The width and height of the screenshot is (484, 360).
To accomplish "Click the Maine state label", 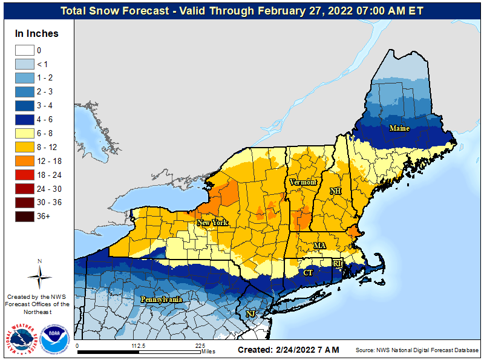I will (399, 128).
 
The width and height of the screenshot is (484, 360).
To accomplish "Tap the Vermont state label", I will (302, 182).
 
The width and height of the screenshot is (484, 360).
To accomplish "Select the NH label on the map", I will (335, 191).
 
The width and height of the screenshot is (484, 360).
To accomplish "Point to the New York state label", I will (212, 223).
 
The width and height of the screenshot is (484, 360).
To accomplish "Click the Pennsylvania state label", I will (162, 299).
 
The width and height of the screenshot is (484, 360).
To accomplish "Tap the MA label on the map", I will (319, 245).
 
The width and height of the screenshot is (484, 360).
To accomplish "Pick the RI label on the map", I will (338, 263).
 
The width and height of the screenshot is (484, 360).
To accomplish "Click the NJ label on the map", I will (250, 314).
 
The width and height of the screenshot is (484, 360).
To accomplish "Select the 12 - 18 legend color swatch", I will (24, 161).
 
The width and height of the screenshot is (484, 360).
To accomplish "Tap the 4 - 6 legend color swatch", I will (24, 119).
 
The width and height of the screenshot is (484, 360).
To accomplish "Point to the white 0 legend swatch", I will (24, 50).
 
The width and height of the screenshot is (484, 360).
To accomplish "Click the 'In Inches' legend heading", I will (37, 33).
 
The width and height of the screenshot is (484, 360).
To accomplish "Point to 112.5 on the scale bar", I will (139, 345).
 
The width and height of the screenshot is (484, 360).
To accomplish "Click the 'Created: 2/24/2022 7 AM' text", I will (288, 350).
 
